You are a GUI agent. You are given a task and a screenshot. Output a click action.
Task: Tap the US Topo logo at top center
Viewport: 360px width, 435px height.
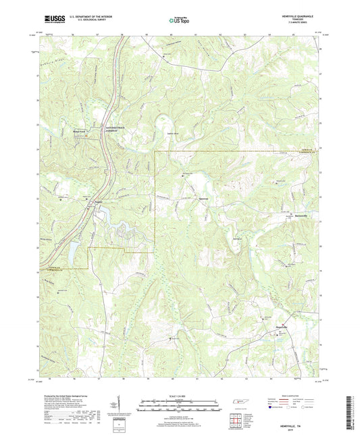pyautogui.click(x=179, y=21)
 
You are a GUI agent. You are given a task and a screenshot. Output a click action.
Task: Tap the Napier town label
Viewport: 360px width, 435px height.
pyautogui.click(x=97, y=201)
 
